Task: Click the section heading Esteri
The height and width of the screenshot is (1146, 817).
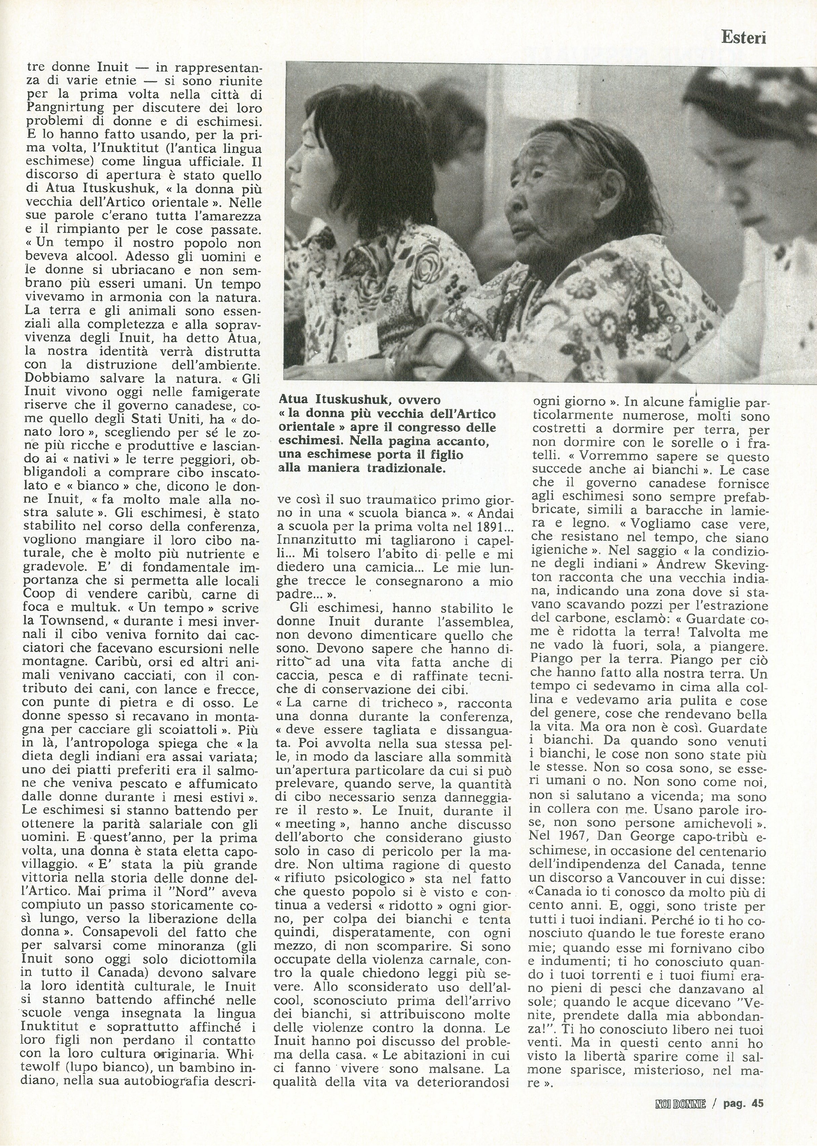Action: (743, 38)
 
